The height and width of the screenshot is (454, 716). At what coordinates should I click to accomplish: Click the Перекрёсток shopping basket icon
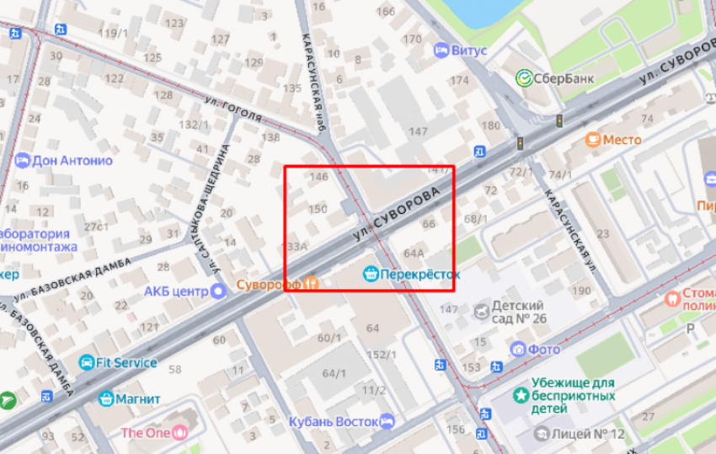point(370,274)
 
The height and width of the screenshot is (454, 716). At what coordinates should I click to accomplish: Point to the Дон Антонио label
point(72,160)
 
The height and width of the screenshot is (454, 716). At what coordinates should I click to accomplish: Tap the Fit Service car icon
point(86,363)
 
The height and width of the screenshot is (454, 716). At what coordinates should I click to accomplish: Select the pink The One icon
point(179,433)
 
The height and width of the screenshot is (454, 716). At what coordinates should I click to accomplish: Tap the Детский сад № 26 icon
point(480,312)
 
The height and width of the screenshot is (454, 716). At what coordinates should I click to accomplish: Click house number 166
point(385,12)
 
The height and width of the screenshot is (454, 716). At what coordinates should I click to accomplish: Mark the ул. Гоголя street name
point(233,109)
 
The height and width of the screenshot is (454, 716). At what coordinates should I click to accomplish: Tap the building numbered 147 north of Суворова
point(418,131)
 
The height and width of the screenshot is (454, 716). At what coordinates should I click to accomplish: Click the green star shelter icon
point(521,393)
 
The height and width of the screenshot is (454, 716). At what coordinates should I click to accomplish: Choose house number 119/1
point(113,33)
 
